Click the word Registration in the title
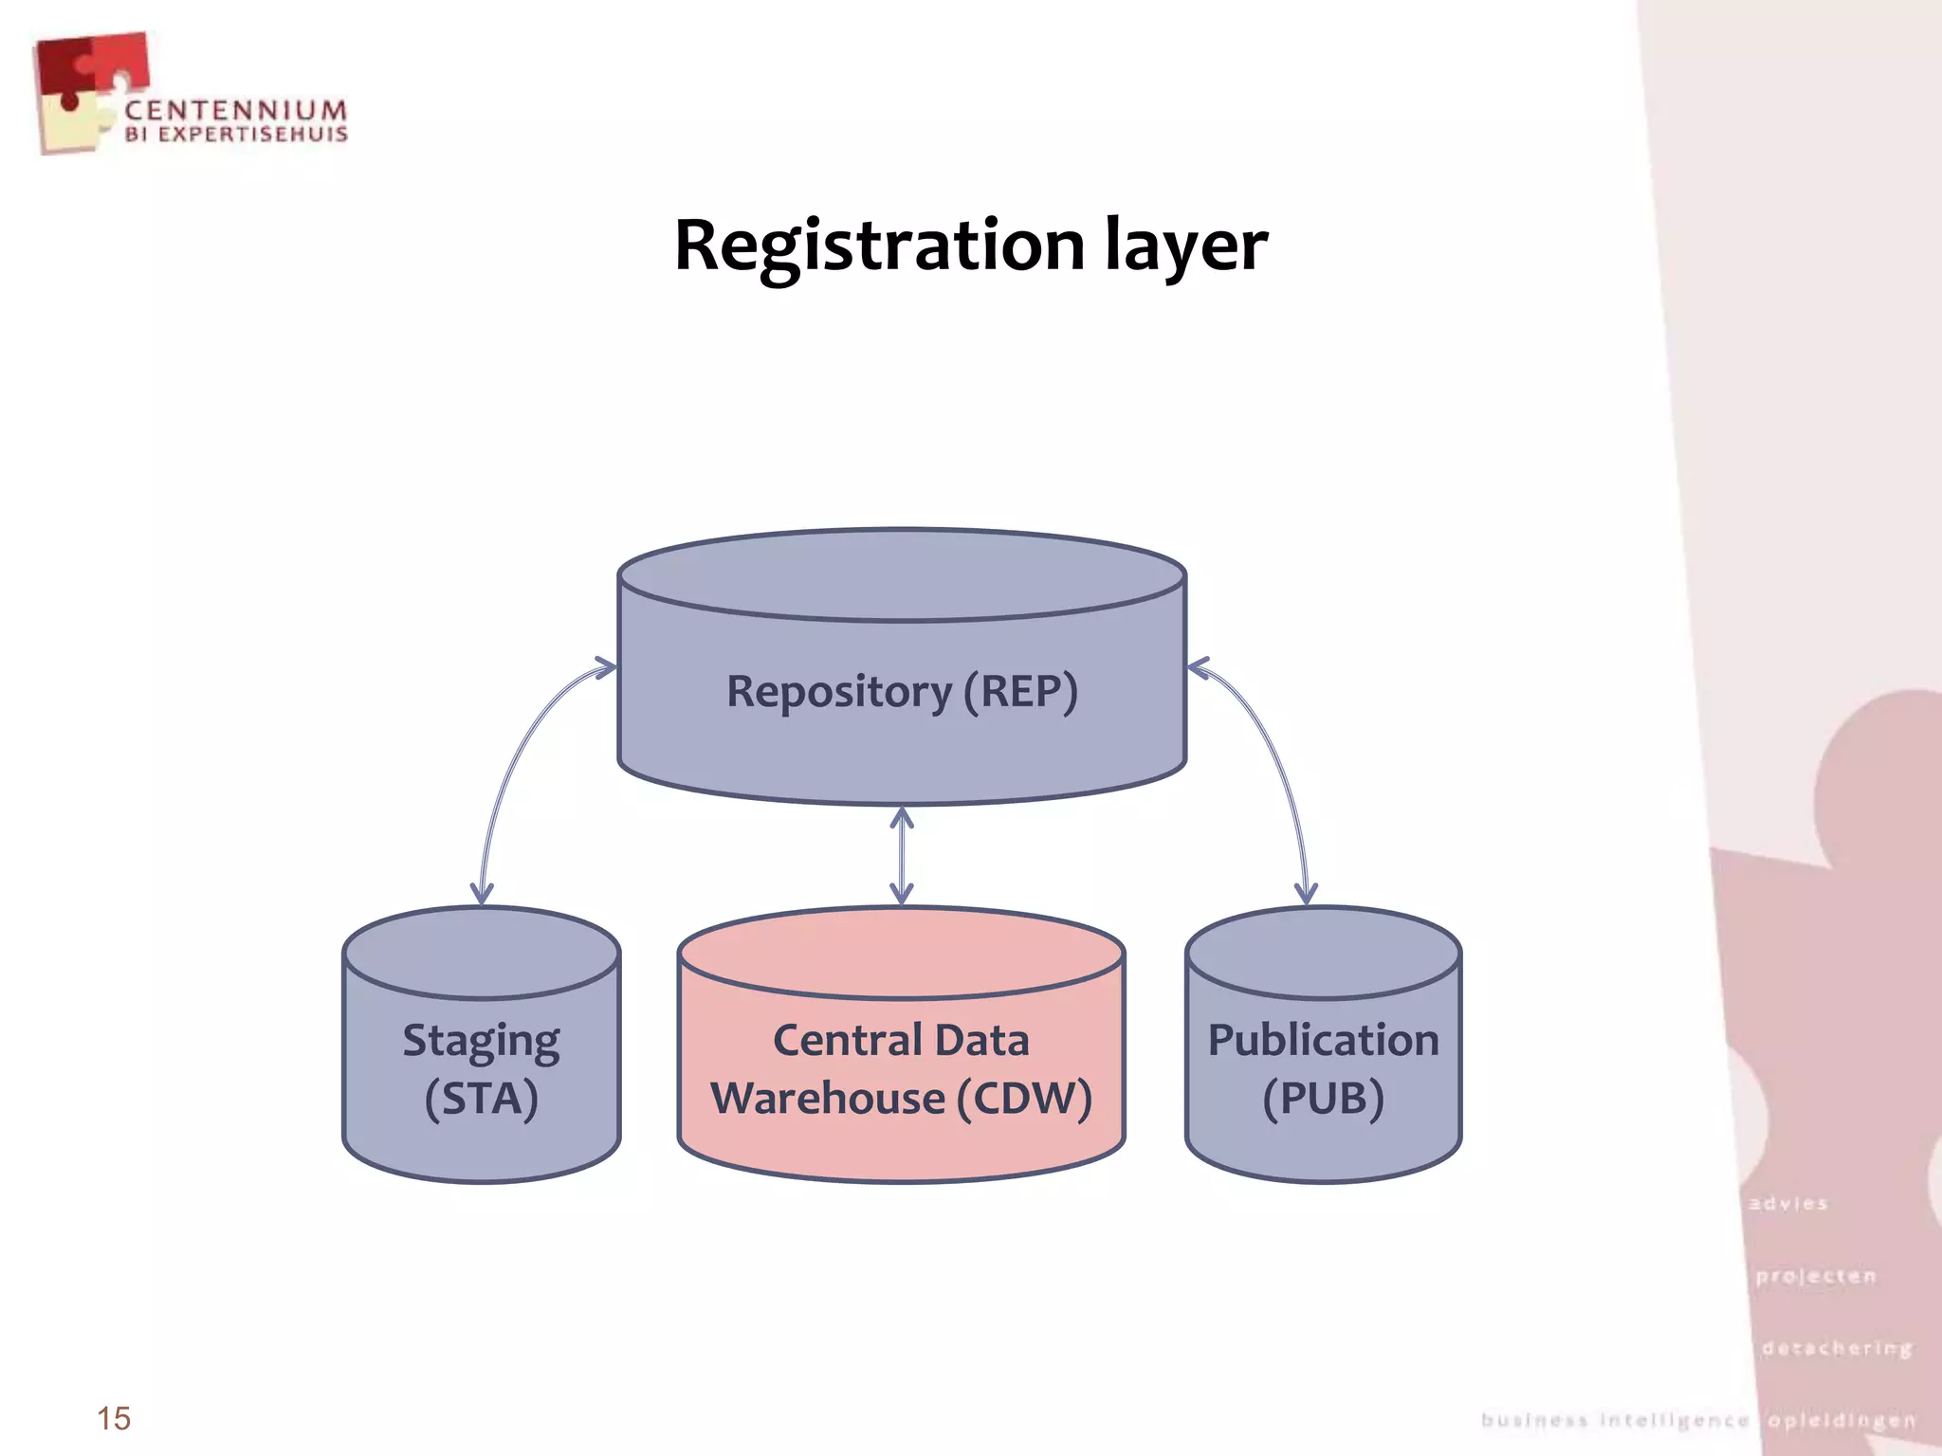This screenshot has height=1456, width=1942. [x=878, y=246]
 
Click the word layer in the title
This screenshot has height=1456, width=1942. [x=1185, y=246]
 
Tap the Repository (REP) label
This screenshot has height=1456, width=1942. [x=902, y=691]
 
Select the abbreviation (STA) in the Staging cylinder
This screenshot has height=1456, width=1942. [x=481, y=1099]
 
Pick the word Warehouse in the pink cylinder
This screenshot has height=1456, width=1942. [x=828, y=1099]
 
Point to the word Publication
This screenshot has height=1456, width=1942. [x=1323, y=1040]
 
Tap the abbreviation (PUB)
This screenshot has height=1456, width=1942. [x=1323, y=1099]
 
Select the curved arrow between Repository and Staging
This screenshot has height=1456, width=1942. [x=512, y=758]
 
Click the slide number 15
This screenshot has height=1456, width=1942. [x=114, y=1418]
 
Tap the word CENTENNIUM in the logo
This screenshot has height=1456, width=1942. [x=236, y=111]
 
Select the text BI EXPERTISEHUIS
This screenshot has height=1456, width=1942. [x=236, y=135]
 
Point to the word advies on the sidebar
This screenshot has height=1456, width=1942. [x=1788, y=1204]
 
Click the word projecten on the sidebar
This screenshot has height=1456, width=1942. [x=1816, y=1276]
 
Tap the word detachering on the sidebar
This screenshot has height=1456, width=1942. [x=1837, y=1348]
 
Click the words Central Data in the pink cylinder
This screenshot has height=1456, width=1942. [x=901, y=1040]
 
